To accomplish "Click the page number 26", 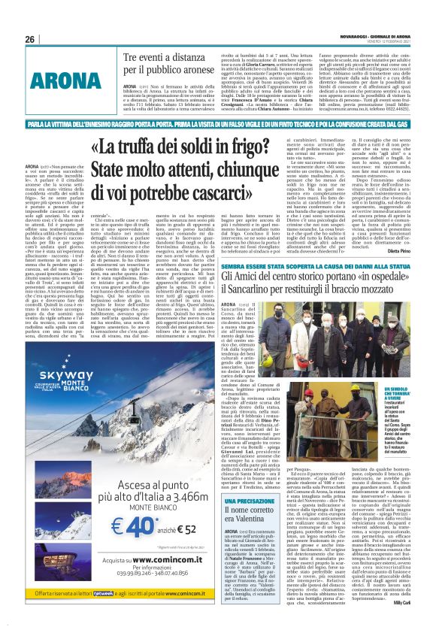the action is (30, 39).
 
